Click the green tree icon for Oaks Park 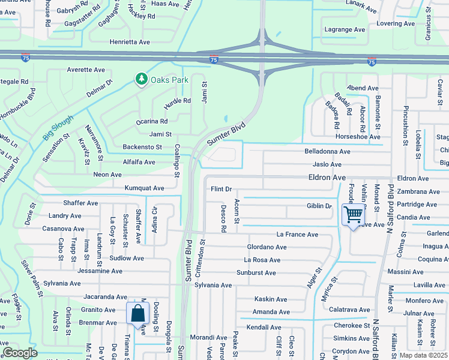tap(142, 79)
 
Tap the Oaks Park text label tap(169, 80)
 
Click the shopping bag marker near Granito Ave tap(137, 313)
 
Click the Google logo tap(20, 353)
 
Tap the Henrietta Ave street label tap(130, 42)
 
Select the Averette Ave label tap(86, 70)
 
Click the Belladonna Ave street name tap(327, 152)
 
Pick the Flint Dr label tap(221, 189)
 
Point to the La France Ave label tap(295, 234)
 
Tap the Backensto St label tap(142, 147)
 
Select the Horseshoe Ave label tap(358, 137)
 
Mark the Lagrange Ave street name tap(345, 29)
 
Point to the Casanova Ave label tap(63, 229)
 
